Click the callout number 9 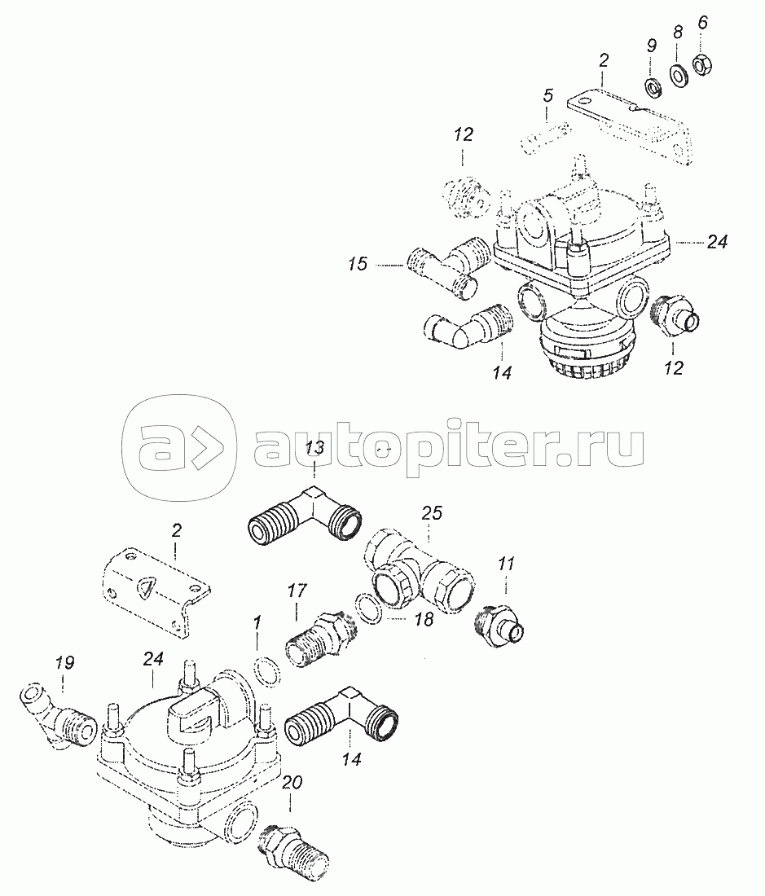click(651, 46)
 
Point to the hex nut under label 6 click(700, 64)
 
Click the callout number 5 click(548, 96)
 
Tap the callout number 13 click(315, 447)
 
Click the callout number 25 click(432, 514)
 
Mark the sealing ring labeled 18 click(368, 610)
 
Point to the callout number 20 click(291, 784)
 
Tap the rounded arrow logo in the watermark click(178, 446)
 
